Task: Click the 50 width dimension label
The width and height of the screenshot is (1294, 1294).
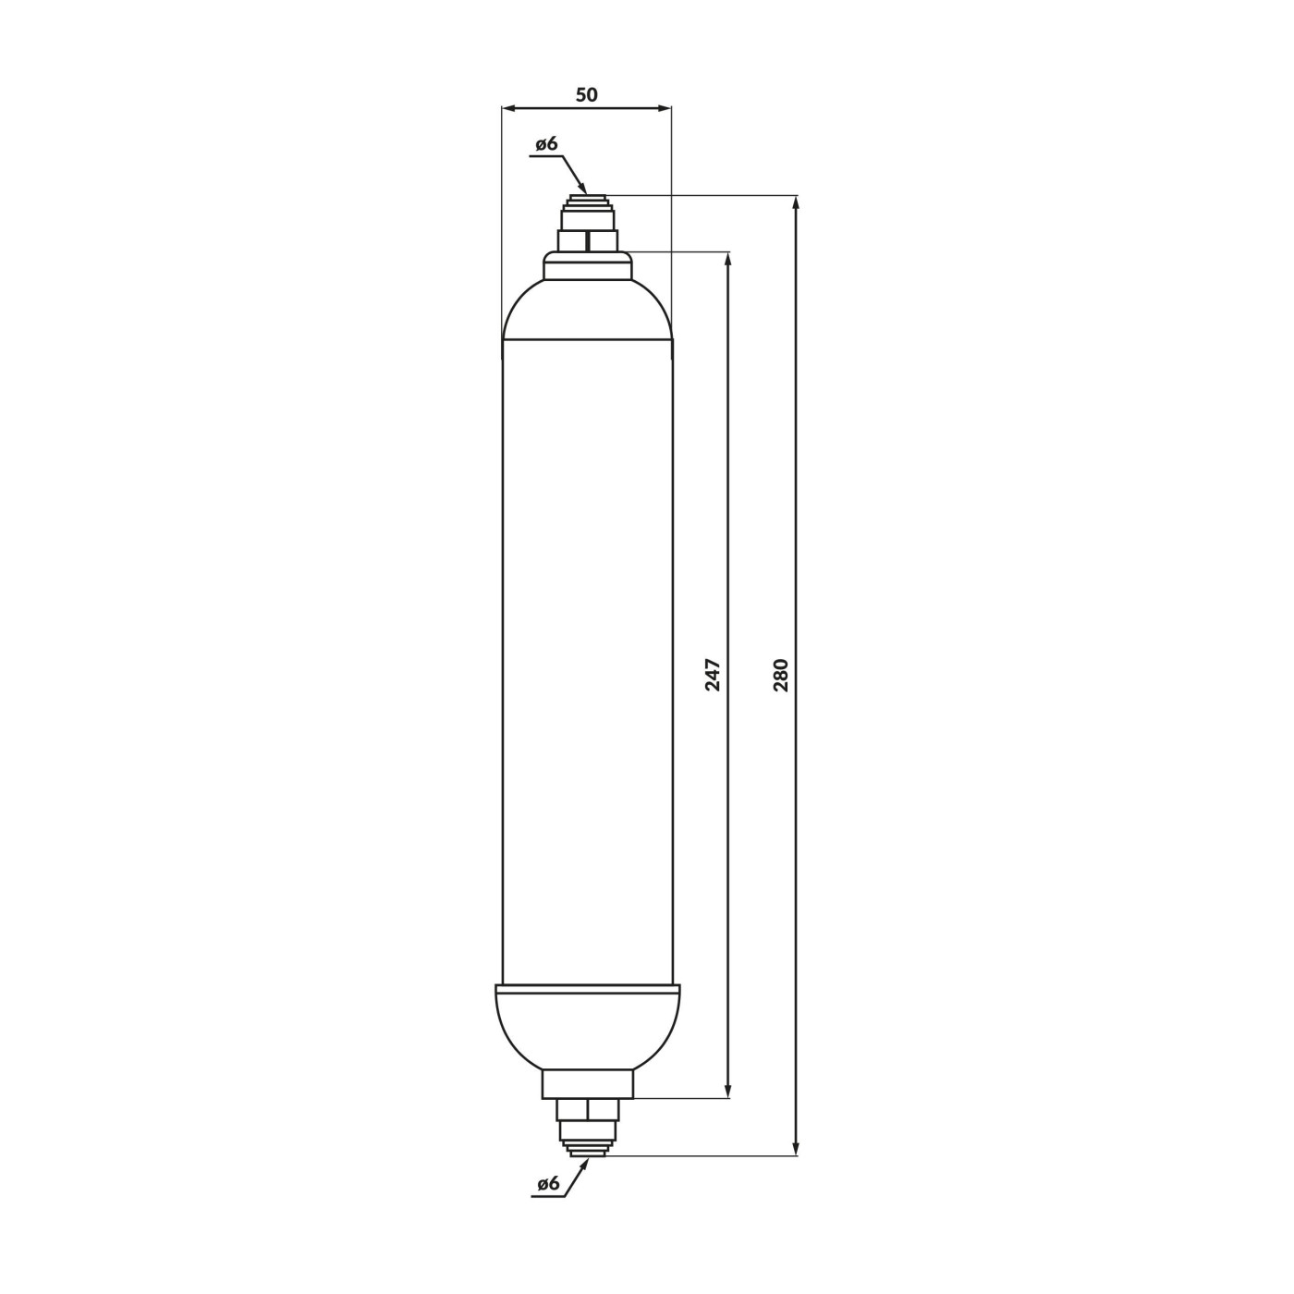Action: tap(586, 95)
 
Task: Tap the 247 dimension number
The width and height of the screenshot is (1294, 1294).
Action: tap(713, 675)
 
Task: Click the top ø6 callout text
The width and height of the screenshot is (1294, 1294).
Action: tap(546, 143)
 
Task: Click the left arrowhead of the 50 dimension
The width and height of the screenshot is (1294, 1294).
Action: tap(509, 107)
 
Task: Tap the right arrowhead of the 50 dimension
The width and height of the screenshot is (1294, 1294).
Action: tap(665, 107)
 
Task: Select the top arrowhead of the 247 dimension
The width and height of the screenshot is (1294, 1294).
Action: tap(728, 259)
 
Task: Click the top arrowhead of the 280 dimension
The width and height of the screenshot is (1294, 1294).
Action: tap(797, 202)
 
